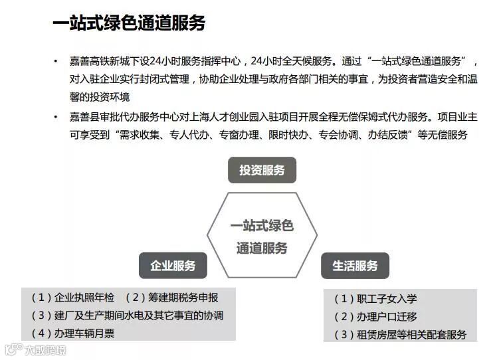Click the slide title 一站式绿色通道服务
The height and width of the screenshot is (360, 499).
pos(129,23)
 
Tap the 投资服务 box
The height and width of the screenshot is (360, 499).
pos(262,170)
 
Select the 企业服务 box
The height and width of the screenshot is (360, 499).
pos(173,266)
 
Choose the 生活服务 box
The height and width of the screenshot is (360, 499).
pos(355,266)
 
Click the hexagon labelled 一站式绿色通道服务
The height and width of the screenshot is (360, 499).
pos(262,236)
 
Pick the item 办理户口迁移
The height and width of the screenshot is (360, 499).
pos(375,317)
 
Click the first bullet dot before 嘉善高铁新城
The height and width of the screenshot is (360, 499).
pos(56,62)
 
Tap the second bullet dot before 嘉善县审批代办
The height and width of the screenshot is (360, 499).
pos(56,117)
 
